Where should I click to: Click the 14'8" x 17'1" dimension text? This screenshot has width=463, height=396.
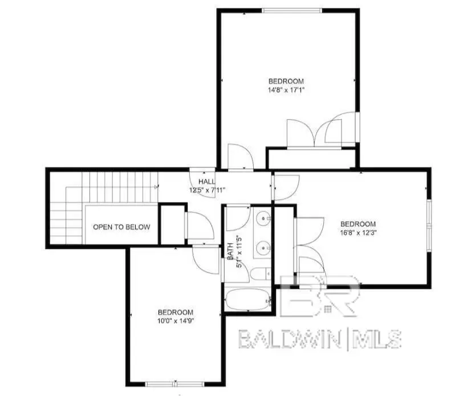click(x=286, y=90)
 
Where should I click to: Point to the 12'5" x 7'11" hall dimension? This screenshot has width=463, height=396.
click(x=208, y=190)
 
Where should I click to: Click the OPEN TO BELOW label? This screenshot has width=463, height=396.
click(x=121, y=227)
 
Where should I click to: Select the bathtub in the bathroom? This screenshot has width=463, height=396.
click(x=247, y=299)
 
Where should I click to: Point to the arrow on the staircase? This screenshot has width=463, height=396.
click(x=155, y=186)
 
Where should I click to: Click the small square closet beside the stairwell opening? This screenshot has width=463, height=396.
click(x=170, y=224)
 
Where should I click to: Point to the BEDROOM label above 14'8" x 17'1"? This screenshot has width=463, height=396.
click(x=286, y=81)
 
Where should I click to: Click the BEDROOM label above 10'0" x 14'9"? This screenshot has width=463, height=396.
click(x=175, y=312)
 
